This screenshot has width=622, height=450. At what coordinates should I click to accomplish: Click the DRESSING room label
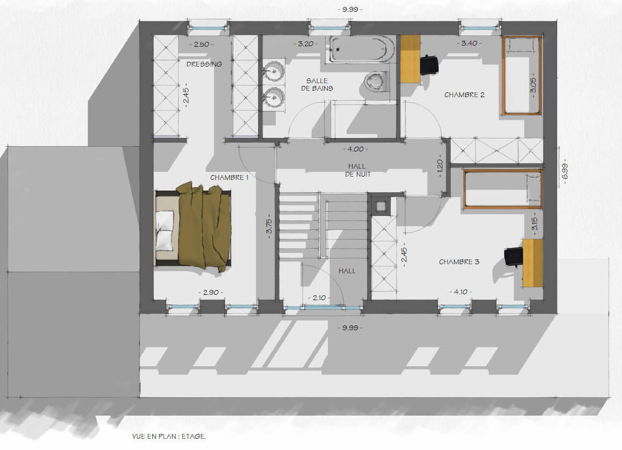click(204, 64)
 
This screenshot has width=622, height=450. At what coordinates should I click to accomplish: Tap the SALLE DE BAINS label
click(317, 84)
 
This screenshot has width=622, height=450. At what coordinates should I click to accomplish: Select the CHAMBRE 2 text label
click(464, 95)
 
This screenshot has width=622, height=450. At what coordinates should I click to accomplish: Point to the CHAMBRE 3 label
click(459, 262)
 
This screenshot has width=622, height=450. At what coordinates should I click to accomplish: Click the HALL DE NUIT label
click(357, 170)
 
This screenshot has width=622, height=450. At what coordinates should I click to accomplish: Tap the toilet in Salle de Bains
click(377, 82)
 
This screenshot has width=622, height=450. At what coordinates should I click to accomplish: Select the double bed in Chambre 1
click(193, 227)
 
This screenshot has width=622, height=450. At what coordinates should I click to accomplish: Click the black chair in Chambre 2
click(428, 64)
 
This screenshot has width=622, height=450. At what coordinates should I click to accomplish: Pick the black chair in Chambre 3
click(514, 256)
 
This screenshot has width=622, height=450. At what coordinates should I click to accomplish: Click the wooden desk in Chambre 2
click(410, 59)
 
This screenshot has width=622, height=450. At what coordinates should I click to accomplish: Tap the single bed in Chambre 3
click(503, 188)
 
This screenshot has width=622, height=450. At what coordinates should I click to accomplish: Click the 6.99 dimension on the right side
click(565, 171)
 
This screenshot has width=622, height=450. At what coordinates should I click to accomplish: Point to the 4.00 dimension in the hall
click(355, 149)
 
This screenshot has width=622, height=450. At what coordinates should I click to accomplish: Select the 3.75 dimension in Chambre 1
click(269, 228)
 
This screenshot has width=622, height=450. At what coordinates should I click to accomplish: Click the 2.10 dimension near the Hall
click(319, 297)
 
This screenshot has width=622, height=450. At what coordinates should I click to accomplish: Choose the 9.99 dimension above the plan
click(350, 10)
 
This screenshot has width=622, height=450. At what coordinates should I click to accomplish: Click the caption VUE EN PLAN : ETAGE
click(170, 437)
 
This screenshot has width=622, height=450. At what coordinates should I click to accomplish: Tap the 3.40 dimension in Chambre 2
click(469, 43)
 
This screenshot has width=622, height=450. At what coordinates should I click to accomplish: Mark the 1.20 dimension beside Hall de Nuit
click(440, 165)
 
